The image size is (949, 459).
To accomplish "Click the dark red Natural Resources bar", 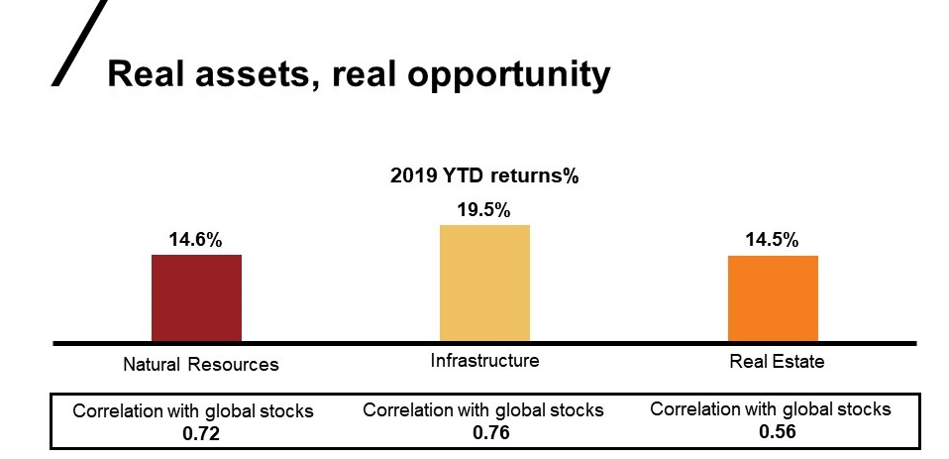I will [x=196, y=297].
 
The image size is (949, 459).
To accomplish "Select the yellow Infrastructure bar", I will [x=484, y=283].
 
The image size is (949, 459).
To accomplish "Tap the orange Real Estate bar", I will [x=773, y=297].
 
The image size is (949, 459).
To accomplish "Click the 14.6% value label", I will [x=196, y=240].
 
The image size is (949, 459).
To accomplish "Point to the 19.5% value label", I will [x=484, y=210].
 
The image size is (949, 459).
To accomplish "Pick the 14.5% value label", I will [x=773, y=240].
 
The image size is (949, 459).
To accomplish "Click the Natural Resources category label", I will [x=201, y=364].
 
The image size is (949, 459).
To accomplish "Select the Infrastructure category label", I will [x=484, y=360].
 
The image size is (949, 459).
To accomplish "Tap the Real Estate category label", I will [x=777, y=361].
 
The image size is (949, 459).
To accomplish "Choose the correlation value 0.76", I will [x=484, y=432].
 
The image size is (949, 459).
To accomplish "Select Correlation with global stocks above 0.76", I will [x=483, y=410].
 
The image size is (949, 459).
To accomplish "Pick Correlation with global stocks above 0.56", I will [x=771, y=409].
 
